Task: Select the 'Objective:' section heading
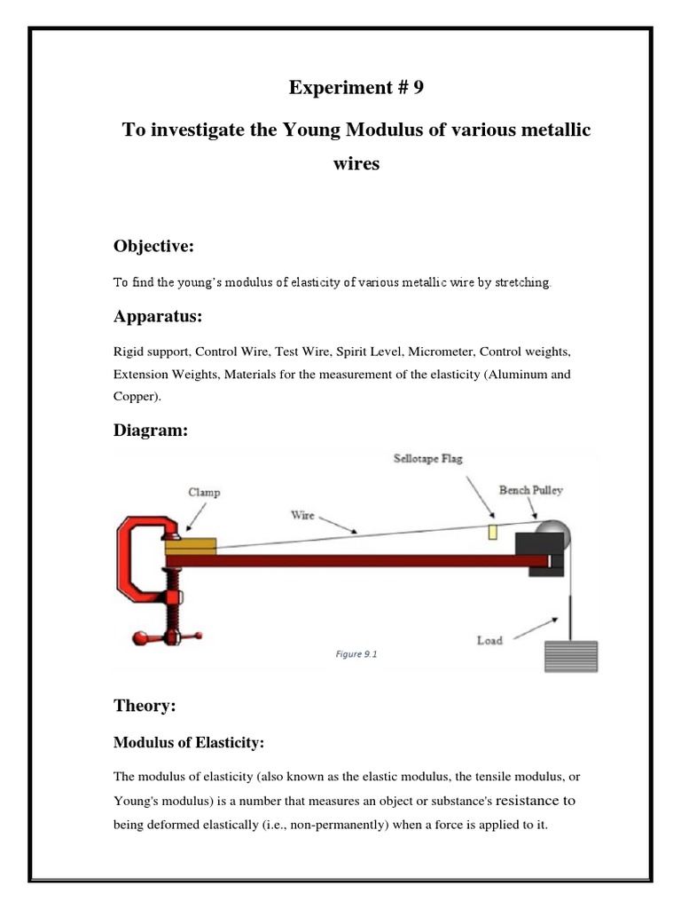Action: click(x=152, y=245)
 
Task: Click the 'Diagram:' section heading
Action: click(x=150, y=431)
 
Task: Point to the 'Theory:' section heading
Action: click(x=145, y=706)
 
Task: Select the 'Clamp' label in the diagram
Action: click(x=204, y=492)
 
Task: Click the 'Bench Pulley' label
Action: click(x=530, y=489)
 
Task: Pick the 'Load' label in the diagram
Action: click(x=490, y=640)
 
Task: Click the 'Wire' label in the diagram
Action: click(x=302, y=513)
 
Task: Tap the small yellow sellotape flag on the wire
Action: click(x=493, y=531)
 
